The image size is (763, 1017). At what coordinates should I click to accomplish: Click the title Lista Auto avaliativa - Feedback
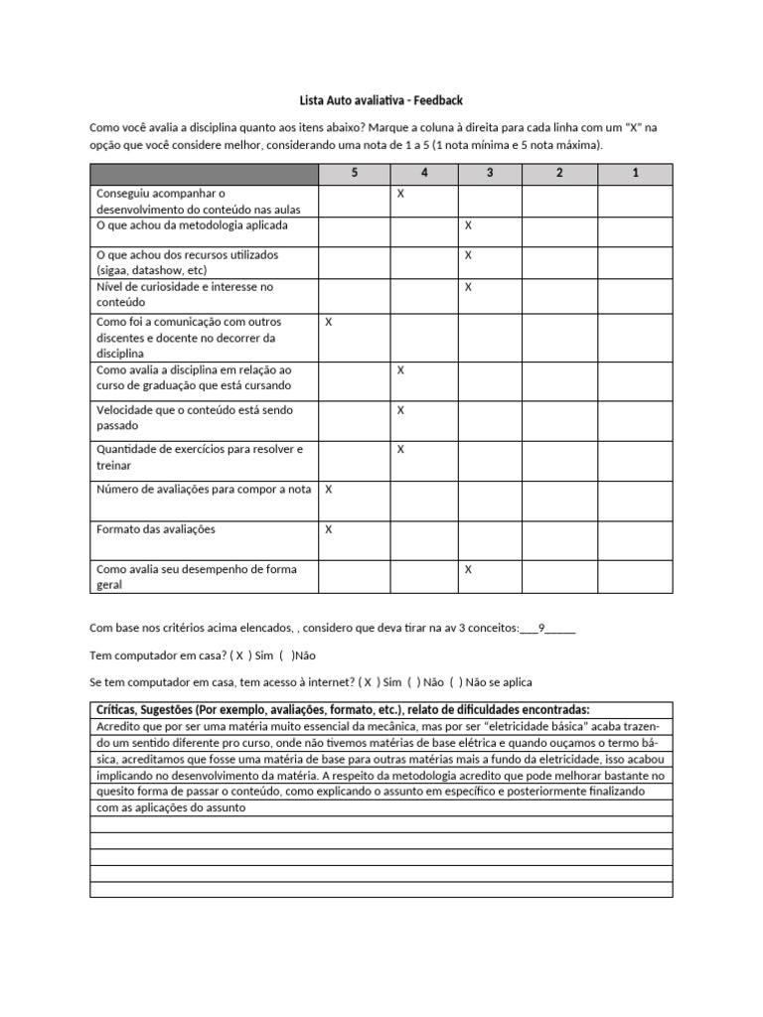381,100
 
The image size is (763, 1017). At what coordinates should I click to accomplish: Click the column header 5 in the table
354,174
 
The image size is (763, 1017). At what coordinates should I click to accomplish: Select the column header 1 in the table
635,174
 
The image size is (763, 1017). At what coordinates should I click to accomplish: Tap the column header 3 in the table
490,174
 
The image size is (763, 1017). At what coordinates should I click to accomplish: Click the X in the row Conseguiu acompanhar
400,195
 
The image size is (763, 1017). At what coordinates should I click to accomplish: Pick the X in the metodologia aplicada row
468,226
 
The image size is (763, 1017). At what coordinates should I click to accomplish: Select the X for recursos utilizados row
468,255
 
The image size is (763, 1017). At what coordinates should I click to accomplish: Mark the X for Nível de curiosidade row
468,287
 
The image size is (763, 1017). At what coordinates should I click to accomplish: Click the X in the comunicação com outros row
329,323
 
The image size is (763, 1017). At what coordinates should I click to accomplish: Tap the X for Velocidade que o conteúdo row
400,410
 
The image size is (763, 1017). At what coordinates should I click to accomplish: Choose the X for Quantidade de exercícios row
400,450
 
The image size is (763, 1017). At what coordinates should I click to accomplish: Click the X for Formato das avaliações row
329,529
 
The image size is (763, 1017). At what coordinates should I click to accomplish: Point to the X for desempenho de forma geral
468,569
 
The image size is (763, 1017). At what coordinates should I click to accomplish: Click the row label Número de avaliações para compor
204,490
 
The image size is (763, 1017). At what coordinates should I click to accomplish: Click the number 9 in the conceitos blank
541,628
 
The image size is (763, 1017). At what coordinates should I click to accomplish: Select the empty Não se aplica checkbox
456,682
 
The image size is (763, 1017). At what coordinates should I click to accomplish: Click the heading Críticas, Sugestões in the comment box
343,709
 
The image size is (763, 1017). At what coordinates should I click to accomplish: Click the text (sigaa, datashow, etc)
152,269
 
